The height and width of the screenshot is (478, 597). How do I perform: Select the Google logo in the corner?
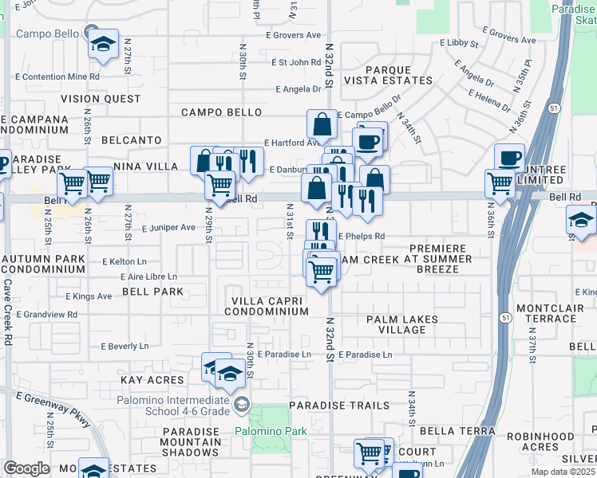(x=26, y=468)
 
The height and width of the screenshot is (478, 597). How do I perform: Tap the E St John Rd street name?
(x=295, y=62)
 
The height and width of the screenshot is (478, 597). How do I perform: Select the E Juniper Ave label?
(x=168, y=228)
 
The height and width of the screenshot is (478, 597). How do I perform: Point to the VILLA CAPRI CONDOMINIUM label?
(x=266, y=306)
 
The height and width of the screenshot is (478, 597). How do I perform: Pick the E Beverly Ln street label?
(x=125, y=347)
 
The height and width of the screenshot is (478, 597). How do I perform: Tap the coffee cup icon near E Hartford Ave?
(x=367, y=141)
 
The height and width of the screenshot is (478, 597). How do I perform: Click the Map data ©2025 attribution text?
(x=563, y=472)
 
